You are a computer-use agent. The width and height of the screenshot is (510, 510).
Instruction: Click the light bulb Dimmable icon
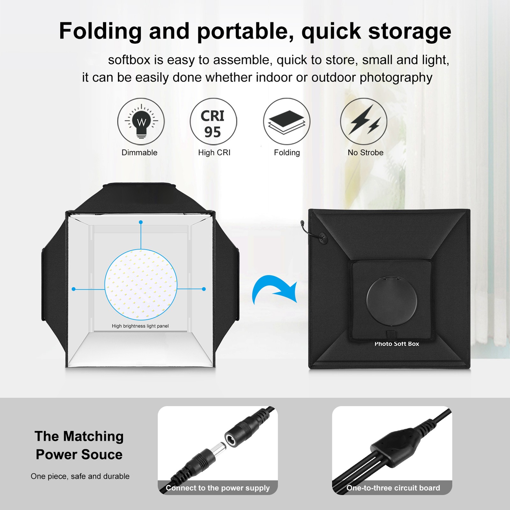pos(141,122)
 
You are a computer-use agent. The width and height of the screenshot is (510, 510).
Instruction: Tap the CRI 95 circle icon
pos(214,122)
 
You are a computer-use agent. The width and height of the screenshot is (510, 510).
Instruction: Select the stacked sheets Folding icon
pos(287,122)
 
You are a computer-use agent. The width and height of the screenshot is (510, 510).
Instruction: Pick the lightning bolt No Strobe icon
pos(364,122)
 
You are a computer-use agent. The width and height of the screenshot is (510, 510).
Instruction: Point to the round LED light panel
pos(141,285)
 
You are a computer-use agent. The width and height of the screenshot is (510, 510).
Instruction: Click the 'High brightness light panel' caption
pos(140,326)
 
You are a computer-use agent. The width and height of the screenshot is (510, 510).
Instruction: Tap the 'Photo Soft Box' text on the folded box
pos(397,344)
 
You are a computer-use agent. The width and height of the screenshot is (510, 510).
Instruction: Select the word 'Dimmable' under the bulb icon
pos(139,153)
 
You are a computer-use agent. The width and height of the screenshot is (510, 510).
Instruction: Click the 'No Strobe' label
pos(365,153)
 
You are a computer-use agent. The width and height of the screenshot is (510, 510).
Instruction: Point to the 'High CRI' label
pos(214,153)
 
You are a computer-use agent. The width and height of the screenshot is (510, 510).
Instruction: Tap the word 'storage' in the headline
pos(410,31)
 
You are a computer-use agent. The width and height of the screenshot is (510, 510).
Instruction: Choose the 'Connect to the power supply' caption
pos(218,488)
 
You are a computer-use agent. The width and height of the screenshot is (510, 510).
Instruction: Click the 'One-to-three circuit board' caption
pos(393,488)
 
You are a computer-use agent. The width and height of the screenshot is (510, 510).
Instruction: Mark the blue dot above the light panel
pos(141,222)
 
